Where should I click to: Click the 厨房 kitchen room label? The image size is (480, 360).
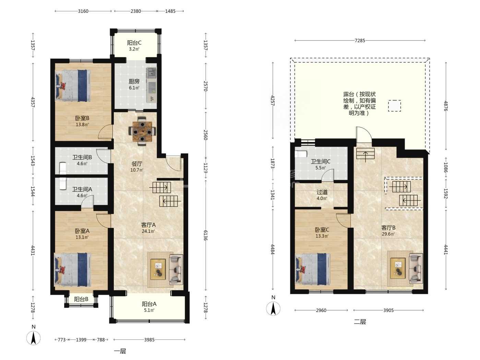pyautogui.click(x=134, y=82)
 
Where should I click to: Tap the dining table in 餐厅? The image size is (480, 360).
pyautogui.click(x=142, y=131)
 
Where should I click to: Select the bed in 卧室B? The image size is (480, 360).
pyautogui.click(x=73, y=86)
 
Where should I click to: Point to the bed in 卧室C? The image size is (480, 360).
pyautogui.click(x=312, y=269)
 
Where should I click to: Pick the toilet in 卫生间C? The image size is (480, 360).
pyautogui.click(x=301, y=154)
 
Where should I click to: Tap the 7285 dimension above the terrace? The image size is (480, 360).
pyautogui.click(x=360, y=41)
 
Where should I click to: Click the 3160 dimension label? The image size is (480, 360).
pyautogui.click(x=83, y=11)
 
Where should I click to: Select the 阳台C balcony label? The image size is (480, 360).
pyautogui.click(x=134, y=43)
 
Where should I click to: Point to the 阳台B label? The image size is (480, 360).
pyautogui.click(x=81, y=299)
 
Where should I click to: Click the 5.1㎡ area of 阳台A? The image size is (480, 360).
pyautogui.click(x=149, y=310)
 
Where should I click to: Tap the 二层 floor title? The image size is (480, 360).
pyautogui.click(x=360, y=322)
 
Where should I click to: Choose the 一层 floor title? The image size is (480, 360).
pyautogui.click(x=120, y=351)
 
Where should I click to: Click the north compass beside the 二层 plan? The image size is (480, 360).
pyautogui.click(x=273, y=309)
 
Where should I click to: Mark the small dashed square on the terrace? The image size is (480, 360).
pyautogui.click(x=395, y=106)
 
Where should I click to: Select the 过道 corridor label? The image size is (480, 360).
pyautogui.click(x=322, y=192)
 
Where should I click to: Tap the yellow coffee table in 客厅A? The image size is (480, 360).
pyautogui.click(x=158, y=269)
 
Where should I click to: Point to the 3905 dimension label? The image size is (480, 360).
pyautogui.click(x=388, y=310)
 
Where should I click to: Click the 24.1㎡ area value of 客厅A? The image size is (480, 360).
pyautogui.click(x=148, y=231)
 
